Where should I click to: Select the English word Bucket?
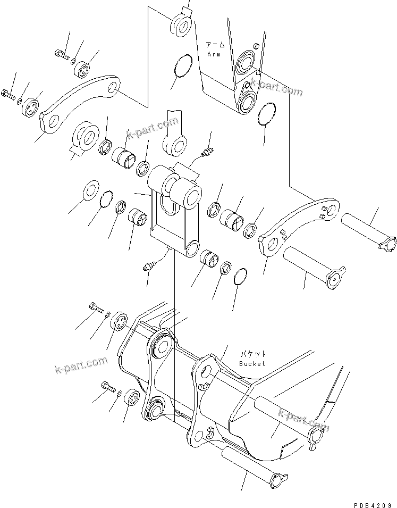click(251, 364)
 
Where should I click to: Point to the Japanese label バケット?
click(252, 354)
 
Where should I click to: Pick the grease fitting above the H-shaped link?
click(207, 151)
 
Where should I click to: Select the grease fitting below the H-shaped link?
click(148, 265)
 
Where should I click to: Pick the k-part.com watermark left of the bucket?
click(81, 365)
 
